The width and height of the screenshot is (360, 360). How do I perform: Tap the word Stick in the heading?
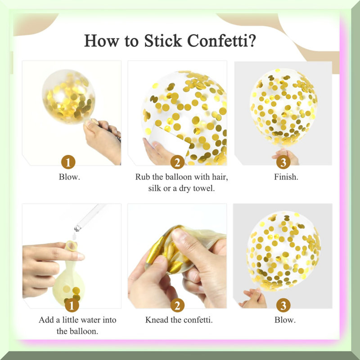coord(163,40)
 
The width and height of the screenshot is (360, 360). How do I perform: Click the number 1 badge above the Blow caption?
coord(68,162)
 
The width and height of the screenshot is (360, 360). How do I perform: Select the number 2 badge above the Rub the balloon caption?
coord(177,162)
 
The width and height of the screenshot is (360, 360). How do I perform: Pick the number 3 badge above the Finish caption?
coord(283,162)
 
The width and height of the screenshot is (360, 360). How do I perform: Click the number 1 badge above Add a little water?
coord(72,306)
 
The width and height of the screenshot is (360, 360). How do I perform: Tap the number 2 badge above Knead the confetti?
coord(177,306)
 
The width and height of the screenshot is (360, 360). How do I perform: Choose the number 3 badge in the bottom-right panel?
coord(283,306)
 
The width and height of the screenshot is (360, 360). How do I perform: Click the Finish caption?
coord(286,177)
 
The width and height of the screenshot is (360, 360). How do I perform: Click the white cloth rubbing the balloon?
coord(169,139)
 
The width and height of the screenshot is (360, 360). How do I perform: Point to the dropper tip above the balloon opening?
coord(77,228)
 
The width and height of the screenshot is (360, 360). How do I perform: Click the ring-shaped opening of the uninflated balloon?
coord(71,246)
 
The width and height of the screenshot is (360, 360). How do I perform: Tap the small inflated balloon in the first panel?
coord(68,96)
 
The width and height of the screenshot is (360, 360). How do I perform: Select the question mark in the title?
coord(252,40)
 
